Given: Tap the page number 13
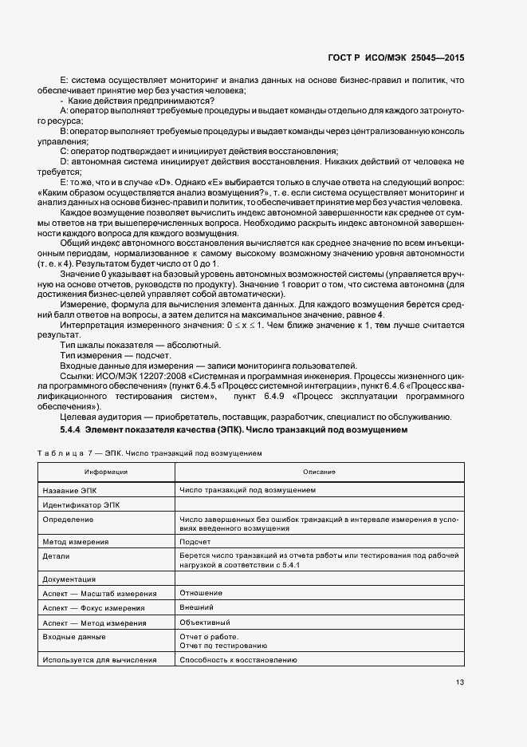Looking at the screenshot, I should pyautogui.click(x=460, y=682).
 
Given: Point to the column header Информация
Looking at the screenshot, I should pyautogui.click(x=106, y=472).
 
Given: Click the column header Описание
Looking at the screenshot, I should pyautogui.click(x=319, y=472).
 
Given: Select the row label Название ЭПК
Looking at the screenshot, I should pyautogui.click(x=69, y=490).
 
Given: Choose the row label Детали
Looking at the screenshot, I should pyautogui.click(x=56, y=555).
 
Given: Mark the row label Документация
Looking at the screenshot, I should pyautogui.click(x=69, y=579).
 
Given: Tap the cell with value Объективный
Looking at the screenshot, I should pyautogui.click(x=205, y=622).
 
